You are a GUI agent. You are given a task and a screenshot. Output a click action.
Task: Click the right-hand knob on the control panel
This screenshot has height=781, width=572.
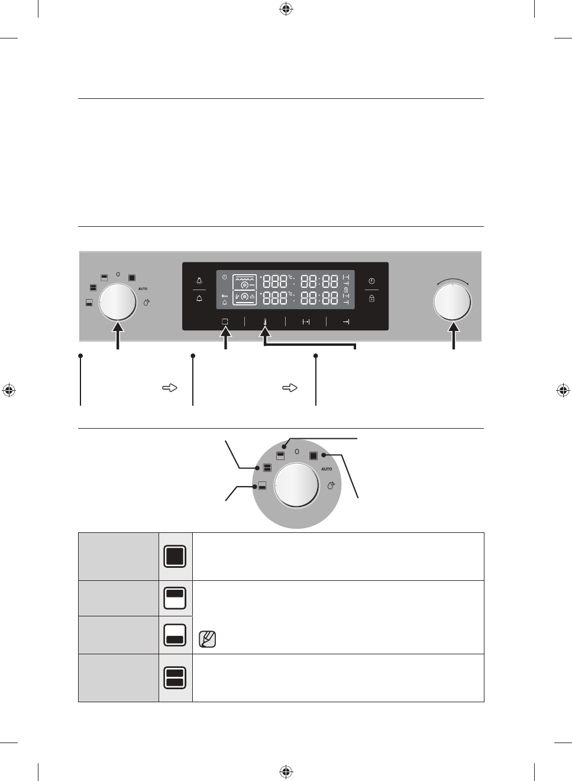pyautogui.click(x=453, y=301)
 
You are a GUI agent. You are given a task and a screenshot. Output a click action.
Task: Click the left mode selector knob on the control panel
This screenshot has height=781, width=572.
pyautogui.click(x=117, y=302)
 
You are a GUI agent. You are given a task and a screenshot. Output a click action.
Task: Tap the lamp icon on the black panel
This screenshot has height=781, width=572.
pyautogui.click(x=199, y=281)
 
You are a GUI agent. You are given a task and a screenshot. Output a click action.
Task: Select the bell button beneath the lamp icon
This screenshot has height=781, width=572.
pyautogui.click(x=199, y=298)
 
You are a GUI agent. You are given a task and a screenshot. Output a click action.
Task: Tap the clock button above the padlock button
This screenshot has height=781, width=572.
pyautogui.click(x=371, y=281)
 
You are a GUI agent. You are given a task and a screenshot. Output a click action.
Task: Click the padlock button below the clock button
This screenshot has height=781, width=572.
pyautogui.click(x=371, y=298)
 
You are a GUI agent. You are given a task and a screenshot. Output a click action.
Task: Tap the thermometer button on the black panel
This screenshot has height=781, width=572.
pyautogui.click(x=265, y=322)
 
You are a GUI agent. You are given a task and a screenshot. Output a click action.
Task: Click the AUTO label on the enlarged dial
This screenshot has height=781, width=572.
pyautogui.click(x=327, y=469)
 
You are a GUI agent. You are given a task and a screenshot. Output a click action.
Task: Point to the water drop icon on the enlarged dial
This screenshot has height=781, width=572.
pyautogui.click(x=331, y=486)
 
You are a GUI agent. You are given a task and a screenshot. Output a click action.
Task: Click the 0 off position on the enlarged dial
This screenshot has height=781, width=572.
pyautogui.click(x=297, y=452)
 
